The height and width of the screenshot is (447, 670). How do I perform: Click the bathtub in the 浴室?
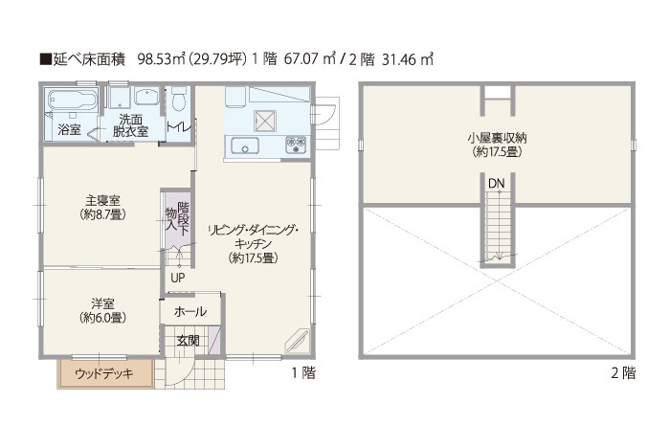(x=72, y=100)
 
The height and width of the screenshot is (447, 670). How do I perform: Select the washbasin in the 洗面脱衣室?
(x=147, y=97)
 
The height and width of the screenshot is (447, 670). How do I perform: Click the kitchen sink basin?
(x=245, y=146)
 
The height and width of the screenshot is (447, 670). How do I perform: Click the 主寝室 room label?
(x=102, y=199)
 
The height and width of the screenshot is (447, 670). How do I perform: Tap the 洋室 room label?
(x=102, y=303)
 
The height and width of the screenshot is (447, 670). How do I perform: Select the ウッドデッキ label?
(x=104, y=374)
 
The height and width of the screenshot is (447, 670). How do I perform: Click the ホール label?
(x=190, y=311)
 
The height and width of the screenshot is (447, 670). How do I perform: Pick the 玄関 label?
(x=188, y=341)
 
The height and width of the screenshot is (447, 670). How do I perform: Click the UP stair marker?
(x=178, y=278)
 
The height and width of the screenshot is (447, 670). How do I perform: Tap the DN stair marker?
(x=497, y=184)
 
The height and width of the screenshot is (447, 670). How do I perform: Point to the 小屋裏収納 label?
(x=497, y=138)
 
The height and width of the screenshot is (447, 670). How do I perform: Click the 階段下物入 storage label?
(x=177, y=218)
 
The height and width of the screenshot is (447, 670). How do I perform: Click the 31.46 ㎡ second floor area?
(x=408, y=59)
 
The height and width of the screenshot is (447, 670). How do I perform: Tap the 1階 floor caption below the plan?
(x=303, y=373)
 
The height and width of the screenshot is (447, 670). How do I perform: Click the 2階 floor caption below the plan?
(x=623, y=373)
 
